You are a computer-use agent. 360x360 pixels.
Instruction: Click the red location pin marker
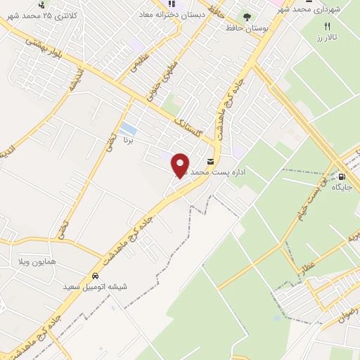click(181, 163)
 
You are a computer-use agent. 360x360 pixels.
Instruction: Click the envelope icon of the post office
click(210, 161)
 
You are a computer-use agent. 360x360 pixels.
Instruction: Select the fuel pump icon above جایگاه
click(342, 176)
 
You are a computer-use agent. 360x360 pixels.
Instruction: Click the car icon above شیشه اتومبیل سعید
click(95, 276)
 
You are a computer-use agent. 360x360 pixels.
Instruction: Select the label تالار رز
click(326, 35)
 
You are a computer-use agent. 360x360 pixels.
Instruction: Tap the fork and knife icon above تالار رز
click(326, 25)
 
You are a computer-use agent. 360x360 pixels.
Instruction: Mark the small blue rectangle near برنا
click(128, 129)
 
